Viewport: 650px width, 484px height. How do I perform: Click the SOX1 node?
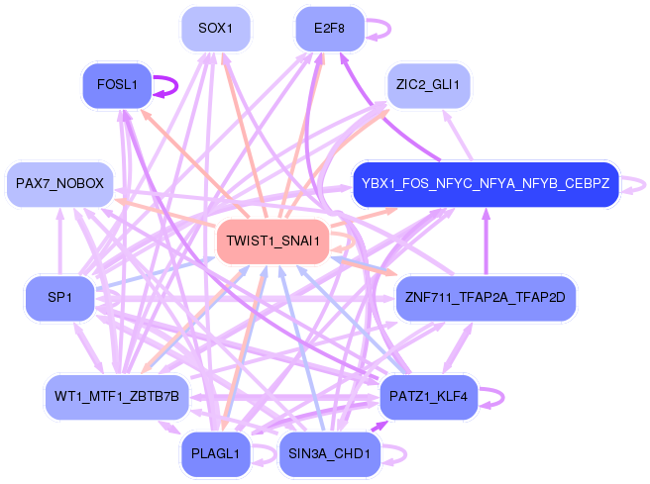pos(215,28)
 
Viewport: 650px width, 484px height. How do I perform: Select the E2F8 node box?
pos(329,28)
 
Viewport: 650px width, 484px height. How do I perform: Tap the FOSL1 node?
pos(117,85)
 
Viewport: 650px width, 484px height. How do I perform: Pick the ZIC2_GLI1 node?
pos(427,85)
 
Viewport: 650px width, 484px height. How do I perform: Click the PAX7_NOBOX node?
pos(59,184)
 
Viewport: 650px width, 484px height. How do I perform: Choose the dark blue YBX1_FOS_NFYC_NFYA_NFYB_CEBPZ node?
pos(486,184)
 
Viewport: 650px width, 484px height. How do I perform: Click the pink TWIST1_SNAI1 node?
pos(272,241)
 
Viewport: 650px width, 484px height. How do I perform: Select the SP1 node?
pos(59,297)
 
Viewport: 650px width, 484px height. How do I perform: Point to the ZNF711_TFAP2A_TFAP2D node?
pos(485,297)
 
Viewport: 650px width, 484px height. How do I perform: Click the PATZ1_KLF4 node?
pos(429,396)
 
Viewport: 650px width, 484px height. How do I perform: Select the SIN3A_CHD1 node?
pos(329,454)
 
